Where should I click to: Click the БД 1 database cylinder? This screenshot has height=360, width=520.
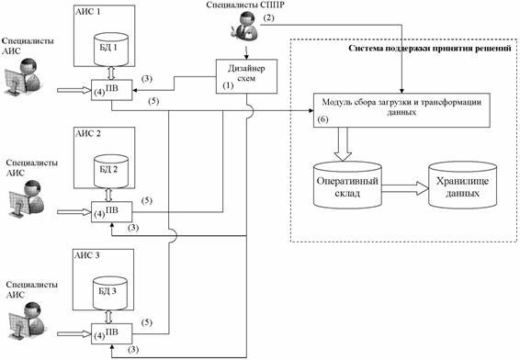coord(111,49)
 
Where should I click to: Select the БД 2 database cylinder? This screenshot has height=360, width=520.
coord(111,172)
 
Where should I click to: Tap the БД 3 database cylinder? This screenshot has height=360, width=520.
coord(109,293)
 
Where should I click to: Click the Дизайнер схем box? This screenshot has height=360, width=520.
coord(246,76)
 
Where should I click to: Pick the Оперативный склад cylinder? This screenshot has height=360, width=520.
coord(347,185)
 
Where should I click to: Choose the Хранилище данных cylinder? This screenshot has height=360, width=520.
coord(462,185)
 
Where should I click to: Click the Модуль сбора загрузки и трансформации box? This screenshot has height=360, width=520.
coord(401,110)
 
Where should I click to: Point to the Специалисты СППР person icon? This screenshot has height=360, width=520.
coord(244,25)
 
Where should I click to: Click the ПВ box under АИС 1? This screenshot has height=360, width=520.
coord(112,90)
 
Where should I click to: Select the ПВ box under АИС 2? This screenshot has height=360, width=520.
coord(112,212)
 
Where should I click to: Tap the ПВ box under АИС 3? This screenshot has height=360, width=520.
coord(112,333)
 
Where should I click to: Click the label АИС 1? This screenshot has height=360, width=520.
coord(88,12)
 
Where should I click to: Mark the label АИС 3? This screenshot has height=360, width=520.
coord(87,255)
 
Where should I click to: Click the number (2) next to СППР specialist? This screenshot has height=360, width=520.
coord(269,17)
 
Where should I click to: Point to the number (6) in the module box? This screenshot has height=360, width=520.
coord(322,119)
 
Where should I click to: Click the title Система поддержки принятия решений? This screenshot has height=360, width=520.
coord(430,49)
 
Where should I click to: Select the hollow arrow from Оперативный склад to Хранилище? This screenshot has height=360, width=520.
coord(405,188)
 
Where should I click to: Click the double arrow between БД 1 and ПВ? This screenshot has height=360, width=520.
coord(111,73)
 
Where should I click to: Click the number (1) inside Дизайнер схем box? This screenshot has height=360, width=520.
coord(228,85)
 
